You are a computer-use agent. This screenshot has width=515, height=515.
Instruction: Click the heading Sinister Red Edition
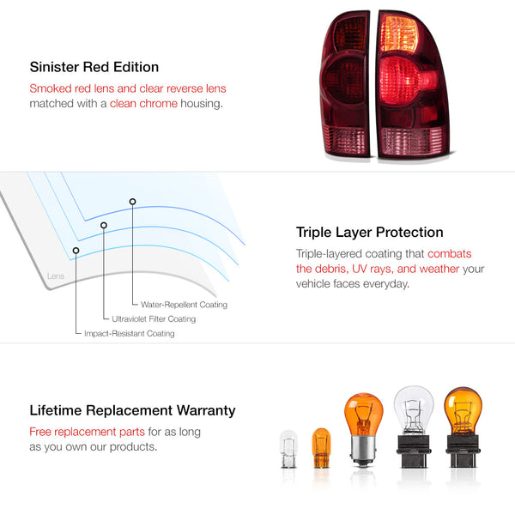pyautogui.click(x=94, y=67)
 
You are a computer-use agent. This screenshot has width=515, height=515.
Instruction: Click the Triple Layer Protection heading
pyautogui.click(x=370, y=232)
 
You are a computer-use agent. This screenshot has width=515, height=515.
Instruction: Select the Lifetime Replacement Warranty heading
pyautogui.click(x=132, y=410)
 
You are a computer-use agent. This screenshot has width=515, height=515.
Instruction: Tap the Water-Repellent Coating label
pyautogui.click(x=179, y=305)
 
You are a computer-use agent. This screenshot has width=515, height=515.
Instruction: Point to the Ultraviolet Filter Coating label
pyautogui.click(x=154, y=319)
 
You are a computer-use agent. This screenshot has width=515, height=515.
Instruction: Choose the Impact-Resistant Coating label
pyautogui.click(x=129, y=333)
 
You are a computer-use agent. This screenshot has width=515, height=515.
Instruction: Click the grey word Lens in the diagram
pyautogui.click(x=55, y=276)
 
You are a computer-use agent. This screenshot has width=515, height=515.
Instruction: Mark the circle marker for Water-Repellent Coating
pyautogui.click(x=132, y=202)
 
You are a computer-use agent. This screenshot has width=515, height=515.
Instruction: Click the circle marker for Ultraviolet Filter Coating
pyautogui.click(x=104, y=226)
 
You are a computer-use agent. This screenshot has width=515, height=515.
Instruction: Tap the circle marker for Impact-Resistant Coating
pyautogui.click(x=76, y=251)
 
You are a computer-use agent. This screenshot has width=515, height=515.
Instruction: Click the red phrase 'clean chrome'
pyautogui.click(x=143, y=104)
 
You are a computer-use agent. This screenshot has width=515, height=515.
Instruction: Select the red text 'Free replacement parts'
pyautogui.click(x=82, y=432)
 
